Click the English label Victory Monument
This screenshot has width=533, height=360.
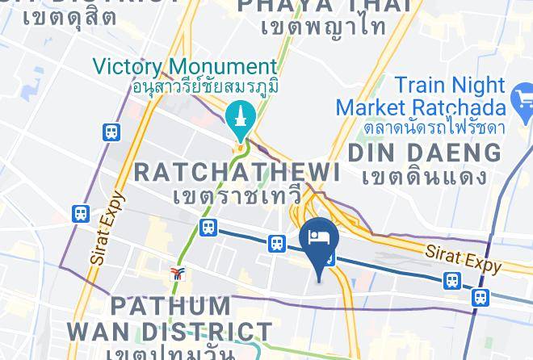tap(185, 67)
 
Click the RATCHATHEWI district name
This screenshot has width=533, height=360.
tap(237, 171)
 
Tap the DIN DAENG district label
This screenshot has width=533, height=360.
tap(424, 152)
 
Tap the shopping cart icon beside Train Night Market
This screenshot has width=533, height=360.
tap(522, 103)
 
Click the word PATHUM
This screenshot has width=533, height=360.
tap(170, 307)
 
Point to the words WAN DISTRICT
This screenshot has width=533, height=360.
tap(169, 332)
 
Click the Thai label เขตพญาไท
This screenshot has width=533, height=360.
tap(323, 27)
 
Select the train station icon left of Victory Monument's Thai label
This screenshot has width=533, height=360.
tap(111, 132)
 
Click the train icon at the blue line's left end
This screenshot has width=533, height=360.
tap(208, 228)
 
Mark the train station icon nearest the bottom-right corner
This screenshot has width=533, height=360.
tap(481, 296)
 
